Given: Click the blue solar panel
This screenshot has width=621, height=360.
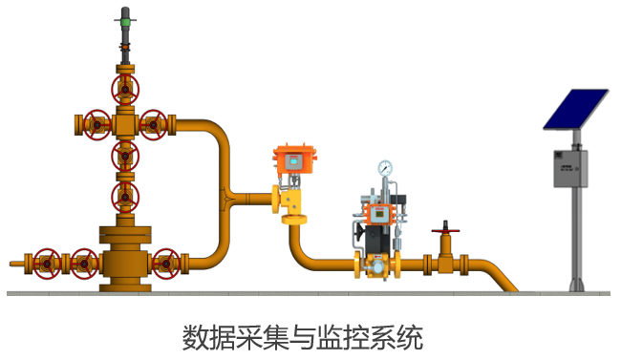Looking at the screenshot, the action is pos(576,109).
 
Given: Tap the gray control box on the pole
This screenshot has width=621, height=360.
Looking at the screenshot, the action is pos(570,169).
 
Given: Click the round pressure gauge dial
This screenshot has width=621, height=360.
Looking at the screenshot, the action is pos(385,168).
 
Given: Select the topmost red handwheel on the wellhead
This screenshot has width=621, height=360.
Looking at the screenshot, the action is pos(125,90).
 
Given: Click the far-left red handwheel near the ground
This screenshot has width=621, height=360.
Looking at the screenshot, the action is pos(47,264).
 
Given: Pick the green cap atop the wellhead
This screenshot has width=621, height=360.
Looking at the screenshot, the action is pos(125,21).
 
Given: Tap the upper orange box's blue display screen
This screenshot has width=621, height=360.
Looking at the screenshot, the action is pos(294,161).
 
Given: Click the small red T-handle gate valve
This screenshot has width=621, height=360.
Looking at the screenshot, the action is pos(445,230).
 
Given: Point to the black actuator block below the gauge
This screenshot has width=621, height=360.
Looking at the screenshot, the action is pos(376,239).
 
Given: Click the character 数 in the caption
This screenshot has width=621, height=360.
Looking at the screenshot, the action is pos(196,337).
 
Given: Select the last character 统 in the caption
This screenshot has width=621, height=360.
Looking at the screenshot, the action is pos(410,337).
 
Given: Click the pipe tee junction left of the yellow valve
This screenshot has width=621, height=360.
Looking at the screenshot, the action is pos(227,197).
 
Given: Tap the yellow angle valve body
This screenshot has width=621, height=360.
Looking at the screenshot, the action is pos(291,201).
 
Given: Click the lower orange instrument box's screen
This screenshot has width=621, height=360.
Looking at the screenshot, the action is pos(380,214).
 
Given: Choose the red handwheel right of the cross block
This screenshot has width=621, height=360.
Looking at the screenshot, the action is pos(153,125).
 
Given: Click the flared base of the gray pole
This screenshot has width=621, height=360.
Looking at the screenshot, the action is pos(577,286).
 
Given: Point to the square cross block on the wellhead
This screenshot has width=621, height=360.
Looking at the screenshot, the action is pos(125,125).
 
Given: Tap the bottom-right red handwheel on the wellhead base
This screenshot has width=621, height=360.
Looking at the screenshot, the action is pos(166,264).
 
